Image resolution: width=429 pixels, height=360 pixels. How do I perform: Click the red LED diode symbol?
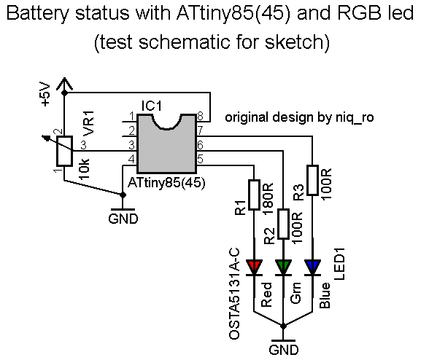[x=254, y=267]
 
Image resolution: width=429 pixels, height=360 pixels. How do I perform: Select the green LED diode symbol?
[x=283, y=267]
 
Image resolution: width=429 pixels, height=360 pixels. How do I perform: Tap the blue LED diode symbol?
[x=312, y=267]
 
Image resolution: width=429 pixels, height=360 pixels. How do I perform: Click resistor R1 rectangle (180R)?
[x=254, y=195]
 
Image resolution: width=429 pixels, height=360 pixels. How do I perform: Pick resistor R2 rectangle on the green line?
[x=283, y=224]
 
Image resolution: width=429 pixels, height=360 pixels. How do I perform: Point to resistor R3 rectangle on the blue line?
[x=312, y=180]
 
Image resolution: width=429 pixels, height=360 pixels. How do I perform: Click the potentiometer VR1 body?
[x=64, y=151]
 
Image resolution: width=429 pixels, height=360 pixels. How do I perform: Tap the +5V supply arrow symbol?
[x=64, y=84]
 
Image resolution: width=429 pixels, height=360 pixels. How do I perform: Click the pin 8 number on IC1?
[x=200, y=117]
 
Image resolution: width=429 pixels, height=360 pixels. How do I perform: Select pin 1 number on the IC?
[x=132, y=117]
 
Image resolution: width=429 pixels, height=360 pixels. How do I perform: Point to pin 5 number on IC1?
[x=200, y=159]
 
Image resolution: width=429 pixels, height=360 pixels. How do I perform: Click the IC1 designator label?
[x=152, y=106]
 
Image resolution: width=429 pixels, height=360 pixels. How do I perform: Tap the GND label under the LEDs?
[x=283, y=350]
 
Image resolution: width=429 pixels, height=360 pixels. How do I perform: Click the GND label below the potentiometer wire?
[x=123, y=219]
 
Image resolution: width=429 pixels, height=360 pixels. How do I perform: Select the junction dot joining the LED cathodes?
[x=283, y=326]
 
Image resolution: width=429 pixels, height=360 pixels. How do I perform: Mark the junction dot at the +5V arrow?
[x=64, y=93]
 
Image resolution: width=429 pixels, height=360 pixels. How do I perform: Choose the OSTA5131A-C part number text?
[x=234, y=294]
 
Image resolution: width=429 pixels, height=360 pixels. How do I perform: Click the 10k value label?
[x=84, y=168]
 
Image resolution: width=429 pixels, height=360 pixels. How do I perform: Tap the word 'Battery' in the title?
[x=37, y=14]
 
